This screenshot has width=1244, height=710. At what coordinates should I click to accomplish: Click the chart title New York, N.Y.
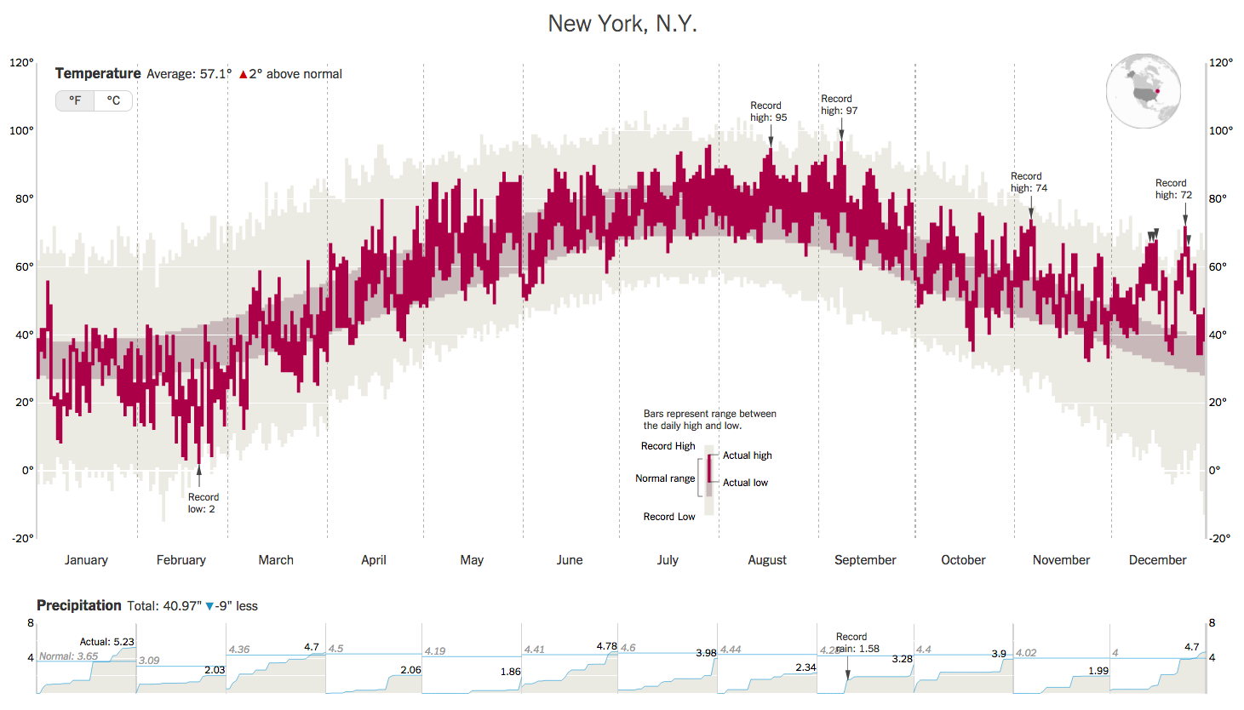point(622,24)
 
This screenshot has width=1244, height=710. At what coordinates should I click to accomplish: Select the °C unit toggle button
point(113,100)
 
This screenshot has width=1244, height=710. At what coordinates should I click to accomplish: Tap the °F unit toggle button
point(76,100)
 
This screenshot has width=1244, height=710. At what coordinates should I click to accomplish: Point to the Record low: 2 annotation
point(202,503)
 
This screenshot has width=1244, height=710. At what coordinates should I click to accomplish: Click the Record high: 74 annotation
point(1029,182)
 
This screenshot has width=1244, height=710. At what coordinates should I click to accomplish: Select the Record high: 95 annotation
point(768,112)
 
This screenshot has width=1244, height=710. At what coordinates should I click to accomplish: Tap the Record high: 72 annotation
point(1173,189)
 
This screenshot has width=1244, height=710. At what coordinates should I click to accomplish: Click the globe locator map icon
point(1143,90)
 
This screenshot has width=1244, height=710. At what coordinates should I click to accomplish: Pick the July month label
point(668,560)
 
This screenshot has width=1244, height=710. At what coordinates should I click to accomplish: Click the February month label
point(181,560)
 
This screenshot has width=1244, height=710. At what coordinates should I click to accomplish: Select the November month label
point(1061,560)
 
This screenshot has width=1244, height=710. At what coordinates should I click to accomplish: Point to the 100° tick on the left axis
point(22,131)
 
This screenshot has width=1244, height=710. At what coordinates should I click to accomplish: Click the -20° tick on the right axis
point(1219,538)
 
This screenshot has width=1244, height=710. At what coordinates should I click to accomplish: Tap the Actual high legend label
point(747,455)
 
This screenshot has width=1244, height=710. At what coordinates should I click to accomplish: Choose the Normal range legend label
point(665,478)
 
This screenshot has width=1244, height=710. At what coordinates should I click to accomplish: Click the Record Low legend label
point(668,517)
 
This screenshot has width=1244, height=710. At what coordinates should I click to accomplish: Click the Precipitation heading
point(79,605)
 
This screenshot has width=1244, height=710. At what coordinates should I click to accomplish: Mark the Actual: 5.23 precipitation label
point(106,642)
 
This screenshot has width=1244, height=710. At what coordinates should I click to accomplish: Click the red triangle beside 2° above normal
point(243,75)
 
